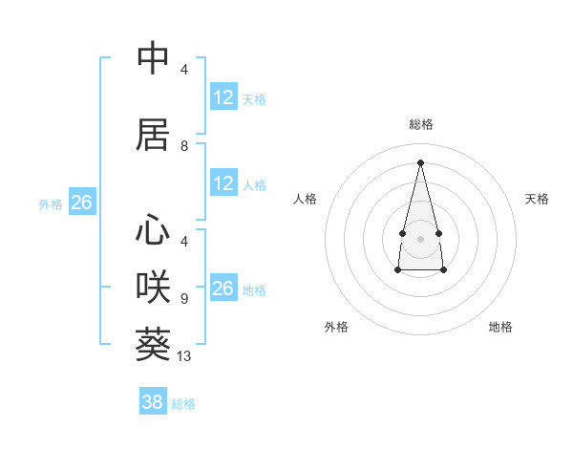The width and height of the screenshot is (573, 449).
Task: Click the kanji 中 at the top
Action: tap(154, 58)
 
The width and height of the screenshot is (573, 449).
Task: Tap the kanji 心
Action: tap(154, 229)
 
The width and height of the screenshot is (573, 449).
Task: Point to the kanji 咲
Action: tap(154, 287)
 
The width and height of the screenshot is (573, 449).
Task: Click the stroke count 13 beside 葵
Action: tap(185, 356)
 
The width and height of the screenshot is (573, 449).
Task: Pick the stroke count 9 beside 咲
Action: tap(183, 299)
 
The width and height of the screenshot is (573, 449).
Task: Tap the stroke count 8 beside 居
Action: tap(183, 146)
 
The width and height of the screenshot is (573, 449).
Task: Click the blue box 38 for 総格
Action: tap(152, 402)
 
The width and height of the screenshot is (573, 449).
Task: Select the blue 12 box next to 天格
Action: tap(223, 97)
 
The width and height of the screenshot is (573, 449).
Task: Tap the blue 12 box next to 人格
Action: tap(223, 183)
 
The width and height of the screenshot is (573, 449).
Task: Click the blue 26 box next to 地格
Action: tap(223, 289)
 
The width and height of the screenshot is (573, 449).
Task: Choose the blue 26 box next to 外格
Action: tap(82, 203)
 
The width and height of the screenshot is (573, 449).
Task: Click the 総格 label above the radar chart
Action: tap(421, 124)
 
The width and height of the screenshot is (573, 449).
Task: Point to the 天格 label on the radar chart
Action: tap(538, 199)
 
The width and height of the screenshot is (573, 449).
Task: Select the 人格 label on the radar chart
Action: tap(305, 199)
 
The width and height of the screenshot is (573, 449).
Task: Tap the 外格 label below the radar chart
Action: tap(336, 327)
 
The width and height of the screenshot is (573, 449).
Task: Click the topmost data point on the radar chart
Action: tap(420, 161)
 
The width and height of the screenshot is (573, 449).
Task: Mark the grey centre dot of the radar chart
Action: tap(420, 237)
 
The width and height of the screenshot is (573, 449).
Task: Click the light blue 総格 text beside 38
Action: tap(183, 404)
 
